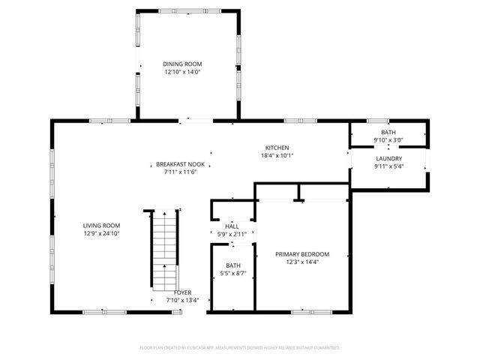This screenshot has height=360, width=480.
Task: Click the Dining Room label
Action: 182,64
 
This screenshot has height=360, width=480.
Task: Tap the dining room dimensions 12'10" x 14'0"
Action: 182,73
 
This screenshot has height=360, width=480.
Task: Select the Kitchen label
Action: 277,148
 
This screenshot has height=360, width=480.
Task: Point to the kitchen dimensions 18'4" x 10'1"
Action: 277,156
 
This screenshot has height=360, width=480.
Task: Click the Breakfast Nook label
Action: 180,164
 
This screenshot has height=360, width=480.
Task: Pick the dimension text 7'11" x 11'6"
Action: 180,172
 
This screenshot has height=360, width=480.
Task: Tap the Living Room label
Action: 101,225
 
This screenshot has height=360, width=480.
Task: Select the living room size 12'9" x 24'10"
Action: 101,233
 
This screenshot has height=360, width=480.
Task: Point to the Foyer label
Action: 182,292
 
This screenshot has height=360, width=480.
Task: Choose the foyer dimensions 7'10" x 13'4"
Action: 182,301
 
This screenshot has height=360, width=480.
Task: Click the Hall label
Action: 232,226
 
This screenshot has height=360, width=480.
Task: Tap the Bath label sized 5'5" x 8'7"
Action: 233,265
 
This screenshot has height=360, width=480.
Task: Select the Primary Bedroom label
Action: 301,254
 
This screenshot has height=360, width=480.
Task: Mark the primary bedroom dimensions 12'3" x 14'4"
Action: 301,262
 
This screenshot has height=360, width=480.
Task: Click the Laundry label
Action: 388,158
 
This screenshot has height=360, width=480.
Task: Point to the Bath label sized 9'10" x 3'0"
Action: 388,132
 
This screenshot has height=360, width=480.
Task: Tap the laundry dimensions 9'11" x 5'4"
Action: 388,166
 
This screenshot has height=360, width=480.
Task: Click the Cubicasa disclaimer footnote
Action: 240,348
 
